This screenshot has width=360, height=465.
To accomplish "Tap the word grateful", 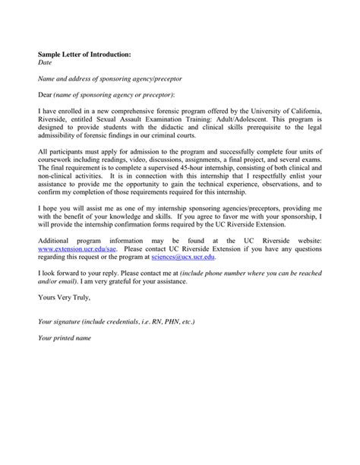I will coord(245,281).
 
